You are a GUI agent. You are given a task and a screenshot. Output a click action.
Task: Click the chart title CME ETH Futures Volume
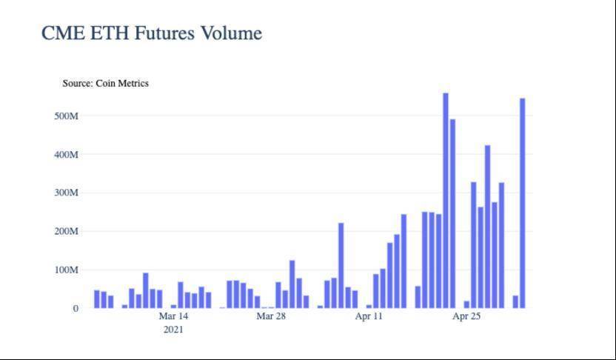(x=152, y=33)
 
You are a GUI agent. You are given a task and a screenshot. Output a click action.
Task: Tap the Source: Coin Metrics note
(x=105, y=84)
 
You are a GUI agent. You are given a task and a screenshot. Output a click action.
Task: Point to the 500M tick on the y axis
(x=65, y=116)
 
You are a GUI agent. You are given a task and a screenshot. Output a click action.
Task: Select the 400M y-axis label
(x=65, y=155)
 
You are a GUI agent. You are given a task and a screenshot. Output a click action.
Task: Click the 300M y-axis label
(x=65, y=193)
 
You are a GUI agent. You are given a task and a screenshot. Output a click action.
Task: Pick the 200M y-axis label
(x=65, y=232)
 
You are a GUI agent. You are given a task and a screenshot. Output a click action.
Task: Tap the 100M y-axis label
(x=65, y=270)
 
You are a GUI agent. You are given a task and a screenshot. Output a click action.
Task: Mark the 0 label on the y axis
(x=76, y=309)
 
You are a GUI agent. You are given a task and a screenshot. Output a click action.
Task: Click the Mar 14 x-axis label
(x=173, y=316)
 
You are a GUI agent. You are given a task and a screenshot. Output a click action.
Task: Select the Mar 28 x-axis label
(x=271, y=316)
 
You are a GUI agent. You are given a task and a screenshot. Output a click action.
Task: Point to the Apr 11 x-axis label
(x=369, y=316)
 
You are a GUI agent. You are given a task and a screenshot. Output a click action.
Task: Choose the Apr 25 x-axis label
(x=466, y=316)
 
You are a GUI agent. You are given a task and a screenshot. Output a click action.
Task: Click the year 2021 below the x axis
(x=173, y=330)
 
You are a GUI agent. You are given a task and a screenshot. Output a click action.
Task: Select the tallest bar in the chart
(x=446, y=200)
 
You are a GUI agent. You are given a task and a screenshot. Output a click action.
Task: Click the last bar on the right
(x=523, y=204)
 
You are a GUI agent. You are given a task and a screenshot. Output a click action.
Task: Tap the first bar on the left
(x=97, y=299)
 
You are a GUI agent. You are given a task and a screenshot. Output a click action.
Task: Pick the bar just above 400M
(x=488, y=227)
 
